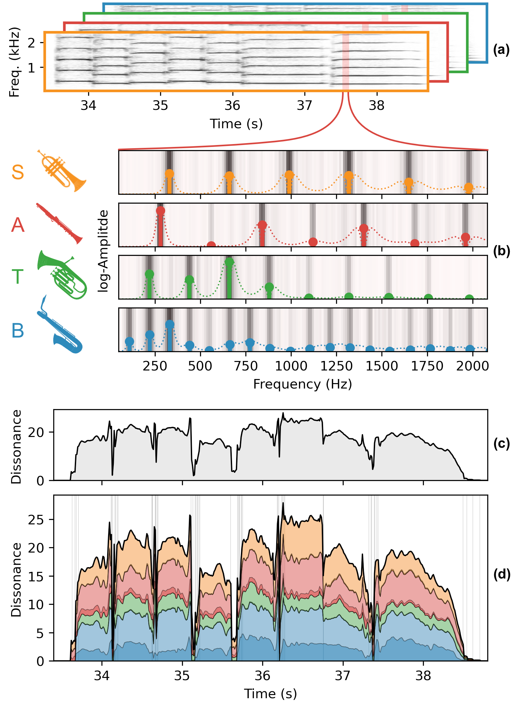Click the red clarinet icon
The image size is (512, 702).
(x=59, y=223)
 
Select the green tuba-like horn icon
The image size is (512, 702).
(x=62, y=275)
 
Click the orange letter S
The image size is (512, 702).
(x=18, y=172)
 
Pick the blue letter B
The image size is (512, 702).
(x=18, y=331)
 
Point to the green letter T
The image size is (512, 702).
(x=18, y=276)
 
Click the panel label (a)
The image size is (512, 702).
(x=501, y=50)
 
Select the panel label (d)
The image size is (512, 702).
(x=502, y=574)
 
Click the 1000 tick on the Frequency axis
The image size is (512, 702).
(x=291, y=366)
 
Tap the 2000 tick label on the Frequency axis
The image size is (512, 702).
(x=472, y=366)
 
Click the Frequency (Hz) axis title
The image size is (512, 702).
(x=302, y=384)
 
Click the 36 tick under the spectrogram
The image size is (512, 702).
(x=232, y=105)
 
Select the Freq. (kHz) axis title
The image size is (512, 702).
(x=15, y=62)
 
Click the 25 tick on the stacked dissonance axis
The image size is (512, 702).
(x=36, y=520)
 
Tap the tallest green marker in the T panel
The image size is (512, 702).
(x=229, y=262)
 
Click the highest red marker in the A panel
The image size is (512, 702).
(x=160, y=211)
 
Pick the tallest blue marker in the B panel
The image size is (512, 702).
(x=170, y=324)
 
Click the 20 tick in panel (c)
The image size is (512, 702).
(x=36, y=432)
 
